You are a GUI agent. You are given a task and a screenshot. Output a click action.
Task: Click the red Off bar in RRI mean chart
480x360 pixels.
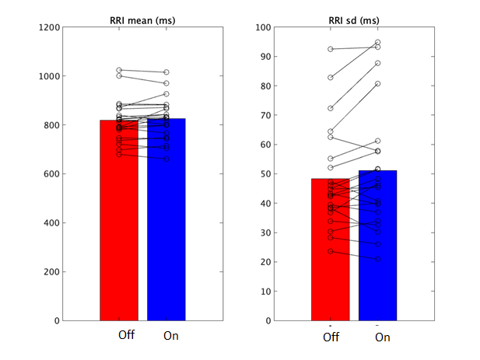coord(119,233)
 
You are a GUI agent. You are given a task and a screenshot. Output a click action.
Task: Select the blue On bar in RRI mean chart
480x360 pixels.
coord(166,233)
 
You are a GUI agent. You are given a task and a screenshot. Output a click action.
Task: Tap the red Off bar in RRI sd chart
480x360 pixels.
coord(330,257)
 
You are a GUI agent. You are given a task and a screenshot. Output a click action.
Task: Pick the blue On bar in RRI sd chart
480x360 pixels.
coord(377,257)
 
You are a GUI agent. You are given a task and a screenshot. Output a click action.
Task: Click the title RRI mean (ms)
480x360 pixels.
coord(142,19)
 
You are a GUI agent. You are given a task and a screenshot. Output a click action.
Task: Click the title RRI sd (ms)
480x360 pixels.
coord(354,19)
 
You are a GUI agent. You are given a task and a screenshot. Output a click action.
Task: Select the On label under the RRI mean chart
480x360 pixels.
coord(170,336)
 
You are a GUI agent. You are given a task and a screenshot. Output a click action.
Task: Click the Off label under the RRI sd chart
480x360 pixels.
coord(331,337)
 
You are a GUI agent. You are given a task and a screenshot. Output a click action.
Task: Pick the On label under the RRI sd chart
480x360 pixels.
coord(382,337)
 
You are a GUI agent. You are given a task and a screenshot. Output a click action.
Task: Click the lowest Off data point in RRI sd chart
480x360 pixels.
coord(330,251)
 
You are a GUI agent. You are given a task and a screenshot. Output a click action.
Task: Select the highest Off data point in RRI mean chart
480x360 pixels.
coord(119,71)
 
